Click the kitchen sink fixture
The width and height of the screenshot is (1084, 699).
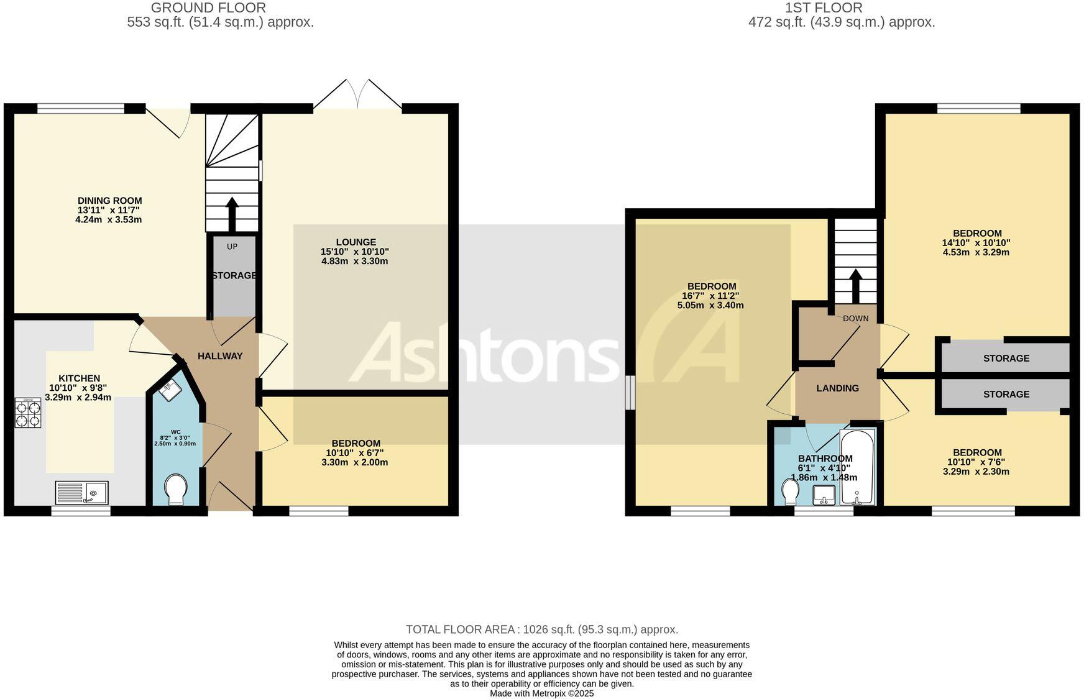pyautogui.click(x=81, y=493)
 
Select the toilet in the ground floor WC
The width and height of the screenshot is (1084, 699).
pyautogui.click(x=177, y=489)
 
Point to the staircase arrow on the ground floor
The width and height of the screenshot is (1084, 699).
pyautogui.click(x=232, y=214)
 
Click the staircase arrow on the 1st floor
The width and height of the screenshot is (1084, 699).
pyautogui.click(x=856, y=285)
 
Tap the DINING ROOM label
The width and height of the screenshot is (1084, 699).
pyautogui.click(x=109, y=201)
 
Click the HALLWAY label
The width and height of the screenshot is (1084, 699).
pyautogui.click(x=220, y=356)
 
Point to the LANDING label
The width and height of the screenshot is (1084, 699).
pyautogui.click(x=837, y=388)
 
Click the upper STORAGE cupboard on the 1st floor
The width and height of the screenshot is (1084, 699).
pyautogui.click(x=1006, y=358)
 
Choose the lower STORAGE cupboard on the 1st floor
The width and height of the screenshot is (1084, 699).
pyautogui.click(x=1006, y=394)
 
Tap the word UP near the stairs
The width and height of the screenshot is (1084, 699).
pyautogui.click(x=232, y=247)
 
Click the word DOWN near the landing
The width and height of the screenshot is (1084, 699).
pyautogui.click(x=855, y=319)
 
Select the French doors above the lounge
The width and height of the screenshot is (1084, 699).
pyautogui.click(x=357, y=94)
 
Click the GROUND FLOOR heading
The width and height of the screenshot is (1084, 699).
pyautogui.click(x=208, y=8)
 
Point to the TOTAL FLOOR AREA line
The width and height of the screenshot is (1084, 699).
pyautogui.click(x=541, y=629)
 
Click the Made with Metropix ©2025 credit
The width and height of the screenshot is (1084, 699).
pyautogui.click(x=541, y=693)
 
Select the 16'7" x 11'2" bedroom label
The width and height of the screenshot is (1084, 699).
pyautogui.click(x=711, y=296)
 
